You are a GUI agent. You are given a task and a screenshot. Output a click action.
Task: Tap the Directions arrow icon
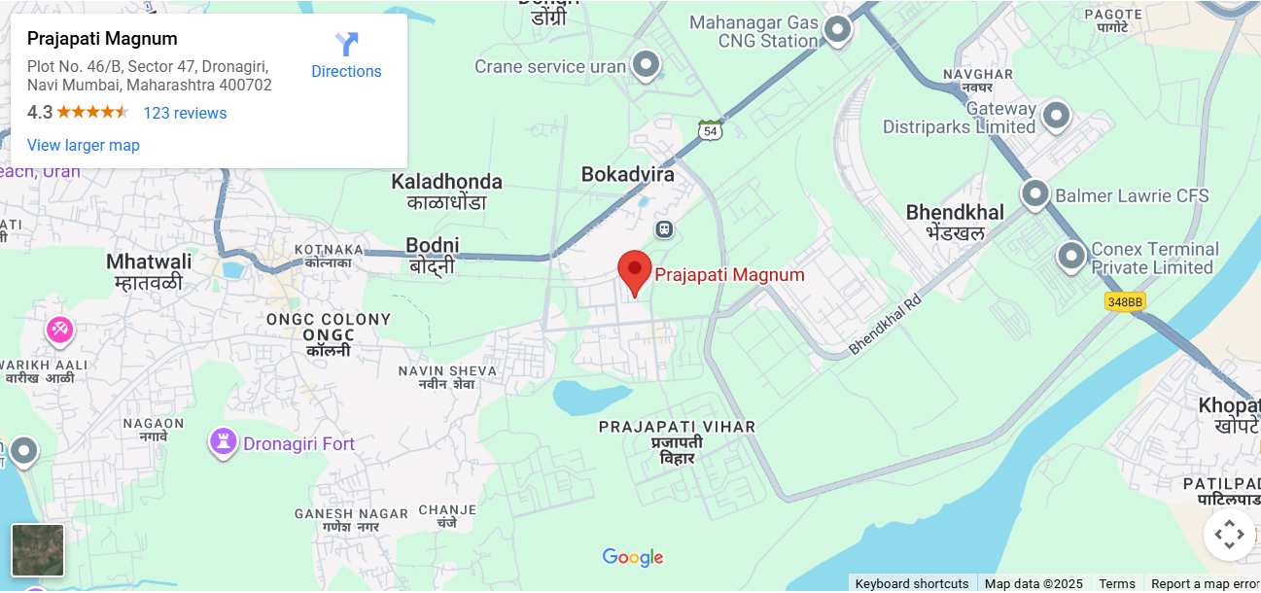pyautogui.click(x=347, y=45)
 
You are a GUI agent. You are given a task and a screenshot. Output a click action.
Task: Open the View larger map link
pyautogui.click(x=84, y=146)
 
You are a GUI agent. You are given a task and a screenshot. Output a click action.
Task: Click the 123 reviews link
pyautogui.click(x=185, y=114)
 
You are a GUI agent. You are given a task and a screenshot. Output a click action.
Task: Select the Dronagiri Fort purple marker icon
pyautogui.click(x=224, y=443)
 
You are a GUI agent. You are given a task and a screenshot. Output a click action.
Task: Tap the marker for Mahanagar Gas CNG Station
pyautogui.click(x=837, y=30)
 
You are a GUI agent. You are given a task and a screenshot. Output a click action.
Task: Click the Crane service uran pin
pyautogui.click(x=646, y=66)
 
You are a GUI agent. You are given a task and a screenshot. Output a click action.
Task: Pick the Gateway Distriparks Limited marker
pyautogui.click(x=1056, y=117)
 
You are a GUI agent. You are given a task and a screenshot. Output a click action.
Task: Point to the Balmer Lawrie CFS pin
pyautogui.click(x=1034, y=193)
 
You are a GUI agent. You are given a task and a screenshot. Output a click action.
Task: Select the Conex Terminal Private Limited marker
pyautogui.click(x=1071, y=257)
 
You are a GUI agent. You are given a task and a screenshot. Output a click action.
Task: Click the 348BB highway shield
pyautogui.click(x=1125, y=302)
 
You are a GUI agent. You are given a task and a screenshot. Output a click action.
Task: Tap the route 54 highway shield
pyautogui.click(x=710, y=130)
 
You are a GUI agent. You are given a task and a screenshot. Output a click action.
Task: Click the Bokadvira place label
pyautogui.click(x=627, y=175)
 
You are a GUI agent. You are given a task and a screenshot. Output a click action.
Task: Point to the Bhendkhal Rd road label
pyautogui.click(x=884, y=324)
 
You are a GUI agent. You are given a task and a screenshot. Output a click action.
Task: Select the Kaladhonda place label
pyautogui.click(x=446, y=182)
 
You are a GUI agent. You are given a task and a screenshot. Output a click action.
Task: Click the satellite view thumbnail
pyautogui.click(x=38, y=550)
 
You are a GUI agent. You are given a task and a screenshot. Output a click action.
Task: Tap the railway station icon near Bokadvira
pyautogui.click(x=664, y=230)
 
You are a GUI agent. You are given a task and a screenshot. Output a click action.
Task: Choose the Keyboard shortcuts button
pyautogui.click(x=911, y=583)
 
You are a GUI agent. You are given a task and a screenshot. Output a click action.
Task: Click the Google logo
pyautogui.click(x=632, y=558)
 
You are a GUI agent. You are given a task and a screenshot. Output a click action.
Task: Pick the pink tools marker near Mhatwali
pyautogui.click(x=59, y=331)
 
